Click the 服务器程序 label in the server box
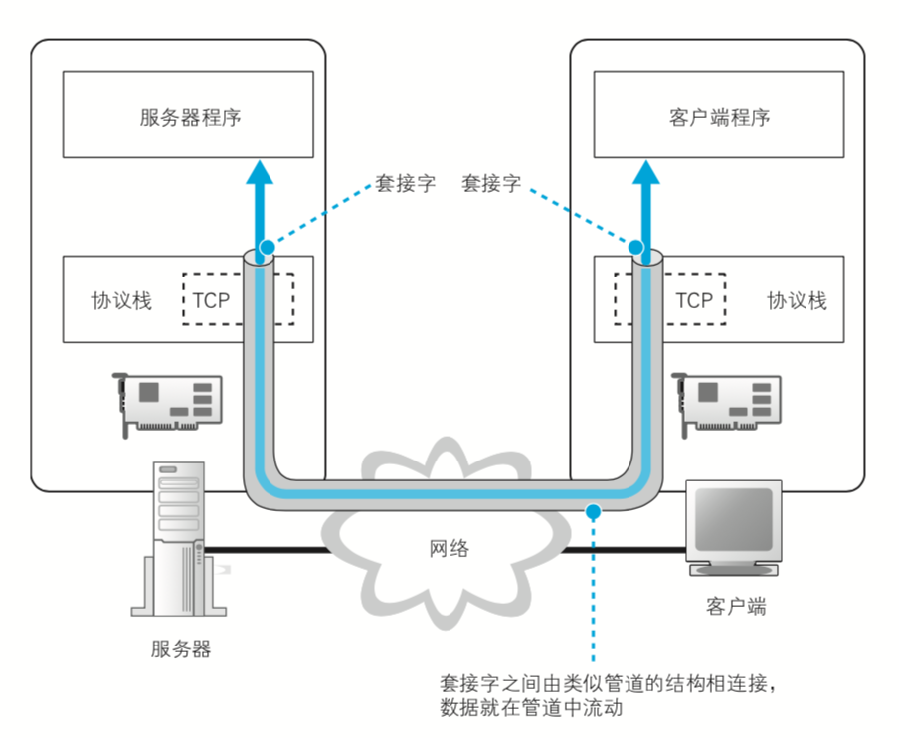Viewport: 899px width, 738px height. coord(191,118)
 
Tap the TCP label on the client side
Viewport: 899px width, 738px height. coord(694,299)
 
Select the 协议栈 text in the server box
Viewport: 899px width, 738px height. coord(122,300)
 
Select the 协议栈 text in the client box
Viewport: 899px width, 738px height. coord(797,300)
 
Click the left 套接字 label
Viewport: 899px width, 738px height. coord(405,183)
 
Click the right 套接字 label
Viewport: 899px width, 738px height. coord(492,183)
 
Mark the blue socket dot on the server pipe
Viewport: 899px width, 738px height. coord(266,246)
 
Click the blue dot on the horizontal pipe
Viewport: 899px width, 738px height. coord(593,512)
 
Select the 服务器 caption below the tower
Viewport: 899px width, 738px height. coord(181,649)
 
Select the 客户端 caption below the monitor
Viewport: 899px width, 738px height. coord(736,606)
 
